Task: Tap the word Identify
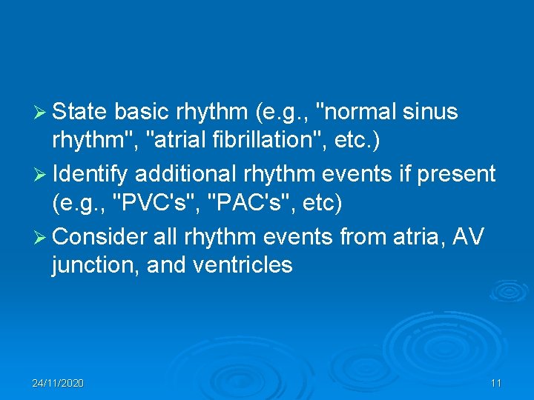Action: pyautogui.click(x=92, y=174)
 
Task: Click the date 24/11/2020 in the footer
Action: pyautogui.click(x=58, y=383)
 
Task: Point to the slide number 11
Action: pyautogui.click(x=496, y=383)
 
